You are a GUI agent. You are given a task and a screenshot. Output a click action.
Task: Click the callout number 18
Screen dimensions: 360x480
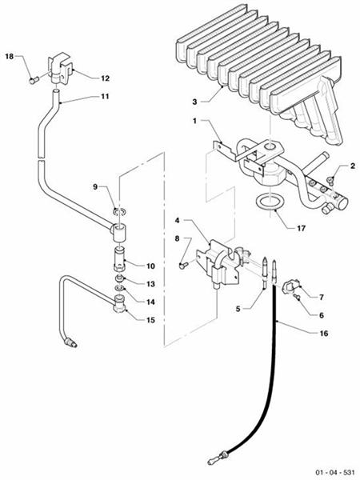coord(10,56)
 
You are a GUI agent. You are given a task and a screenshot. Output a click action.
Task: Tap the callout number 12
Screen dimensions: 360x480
coord(105,78)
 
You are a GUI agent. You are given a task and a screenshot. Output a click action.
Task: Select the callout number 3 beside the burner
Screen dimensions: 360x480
coord(195,102)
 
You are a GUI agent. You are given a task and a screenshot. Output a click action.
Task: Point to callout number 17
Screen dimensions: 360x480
coord(302,228)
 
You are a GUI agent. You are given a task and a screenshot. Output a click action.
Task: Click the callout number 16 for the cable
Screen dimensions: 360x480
coord(324,333)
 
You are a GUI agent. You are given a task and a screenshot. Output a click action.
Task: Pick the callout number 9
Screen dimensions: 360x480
coord(95,186)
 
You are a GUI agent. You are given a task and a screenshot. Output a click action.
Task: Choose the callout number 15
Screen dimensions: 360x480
coord(150,320)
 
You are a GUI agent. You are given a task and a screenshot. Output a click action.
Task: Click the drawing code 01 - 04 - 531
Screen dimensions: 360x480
coord(335,472)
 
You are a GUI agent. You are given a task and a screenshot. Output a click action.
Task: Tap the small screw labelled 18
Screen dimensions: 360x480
coord(34,81)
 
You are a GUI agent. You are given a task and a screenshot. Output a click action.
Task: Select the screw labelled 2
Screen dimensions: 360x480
coord(330,180)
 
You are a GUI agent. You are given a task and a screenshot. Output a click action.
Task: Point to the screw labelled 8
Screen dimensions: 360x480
coord(182,266)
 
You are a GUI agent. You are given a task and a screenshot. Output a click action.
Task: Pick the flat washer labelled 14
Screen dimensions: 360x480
coord(120,288)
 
